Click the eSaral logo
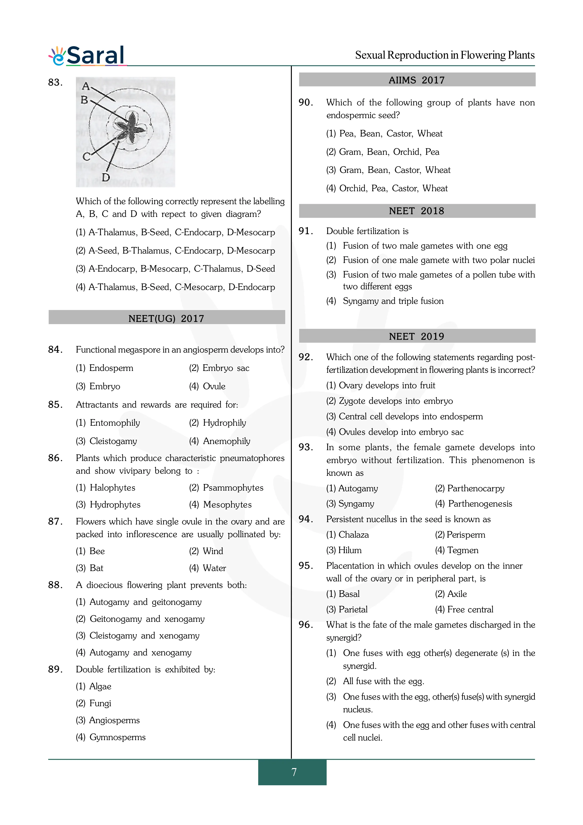(87, 56)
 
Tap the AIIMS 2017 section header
(417, 80)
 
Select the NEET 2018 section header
(417, 211)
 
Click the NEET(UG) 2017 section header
(166, 318)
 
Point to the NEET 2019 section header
(417, 336)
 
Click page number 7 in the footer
(294, 772)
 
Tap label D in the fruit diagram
(106, 177)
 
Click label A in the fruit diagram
(86, 86)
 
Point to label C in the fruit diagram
(86, 157)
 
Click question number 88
(55, 585)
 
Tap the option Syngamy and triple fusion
(393, 301)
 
